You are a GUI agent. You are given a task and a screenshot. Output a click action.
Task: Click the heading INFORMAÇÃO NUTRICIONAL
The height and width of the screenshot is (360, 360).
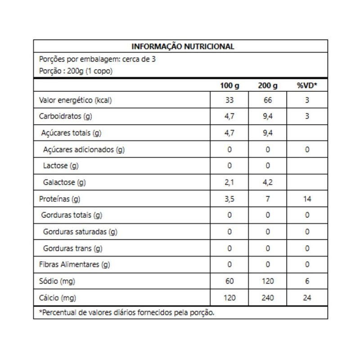182,46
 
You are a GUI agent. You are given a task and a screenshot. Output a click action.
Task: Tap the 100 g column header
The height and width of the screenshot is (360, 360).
229,85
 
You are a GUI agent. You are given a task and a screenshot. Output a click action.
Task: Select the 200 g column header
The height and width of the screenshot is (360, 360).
268,85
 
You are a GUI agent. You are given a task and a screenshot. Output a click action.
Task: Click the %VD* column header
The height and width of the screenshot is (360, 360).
307,85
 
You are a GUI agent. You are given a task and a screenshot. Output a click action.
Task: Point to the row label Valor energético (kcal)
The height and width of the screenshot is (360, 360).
76,100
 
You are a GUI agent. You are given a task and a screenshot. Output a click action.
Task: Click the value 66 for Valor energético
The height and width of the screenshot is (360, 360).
268,100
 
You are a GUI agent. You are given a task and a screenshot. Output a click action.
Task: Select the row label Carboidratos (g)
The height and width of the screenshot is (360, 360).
66,117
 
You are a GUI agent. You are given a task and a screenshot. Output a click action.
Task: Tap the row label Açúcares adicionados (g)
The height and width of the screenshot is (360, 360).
84,149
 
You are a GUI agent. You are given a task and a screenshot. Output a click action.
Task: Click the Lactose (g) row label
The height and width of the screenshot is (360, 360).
61,166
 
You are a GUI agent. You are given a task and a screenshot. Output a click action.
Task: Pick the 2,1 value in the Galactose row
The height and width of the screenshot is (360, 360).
229,182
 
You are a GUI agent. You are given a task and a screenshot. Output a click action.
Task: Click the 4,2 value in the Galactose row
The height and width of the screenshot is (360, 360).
268,182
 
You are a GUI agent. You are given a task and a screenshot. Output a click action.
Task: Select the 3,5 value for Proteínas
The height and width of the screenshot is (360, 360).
229,199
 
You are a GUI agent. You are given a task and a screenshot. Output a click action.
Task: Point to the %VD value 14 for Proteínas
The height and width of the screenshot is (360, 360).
307,199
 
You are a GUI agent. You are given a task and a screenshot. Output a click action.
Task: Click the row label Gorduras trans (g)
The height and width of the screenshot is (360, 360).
73,248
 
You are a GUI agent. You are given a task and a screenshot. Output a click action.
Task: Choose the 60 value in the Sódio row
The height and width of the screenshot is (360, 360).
229,281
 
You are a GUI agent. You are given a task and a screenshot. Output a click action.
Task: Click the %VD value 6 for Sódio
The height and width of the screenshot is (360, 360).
307,281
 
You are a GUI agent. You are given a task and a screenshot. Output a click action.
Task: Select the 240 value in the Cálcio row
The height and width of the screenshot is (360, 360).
268,297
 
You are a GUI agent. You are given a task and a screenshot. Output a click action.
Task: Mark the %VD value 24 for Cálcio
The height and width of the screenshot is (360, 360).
307,297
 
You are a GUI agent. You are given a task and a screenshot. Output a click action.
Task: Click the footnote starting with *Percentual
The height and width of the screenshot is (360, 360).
127,313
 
